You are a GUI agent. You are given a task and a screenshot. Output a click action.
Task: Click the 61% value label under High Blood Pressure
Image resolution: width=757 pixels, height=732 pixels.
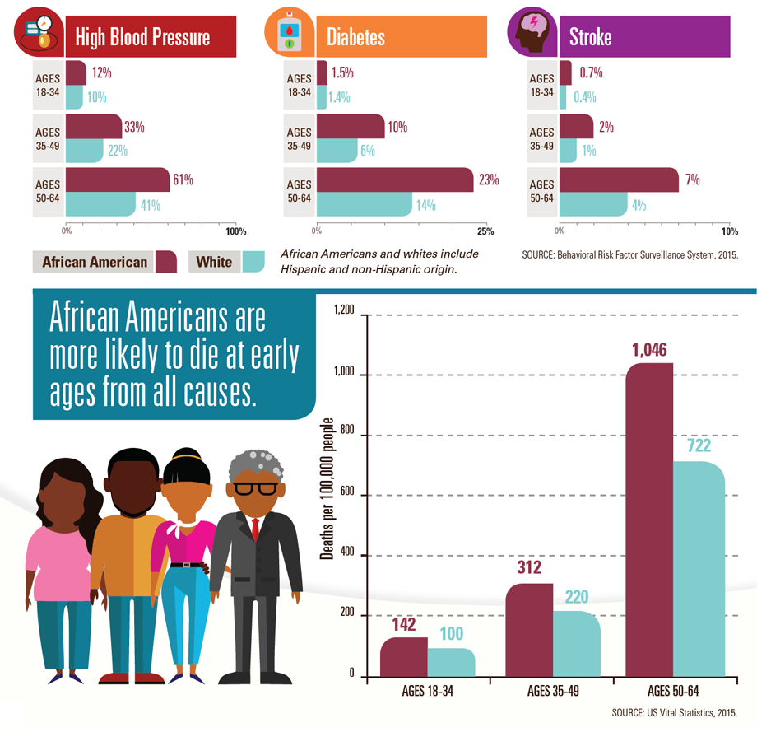[182, 180]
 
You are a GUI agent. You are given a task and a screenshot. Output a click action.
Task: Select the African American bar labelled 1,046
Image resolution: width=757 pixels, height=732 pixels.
[649, 519]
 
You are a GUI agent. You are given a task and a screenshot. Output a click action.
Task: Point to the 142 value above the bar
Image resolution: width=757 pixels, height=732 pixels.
[403, 625]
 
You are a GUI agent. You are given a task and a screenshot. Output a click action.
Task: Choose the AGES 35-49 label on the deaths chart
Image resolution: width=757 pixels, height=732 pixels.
[552, 691]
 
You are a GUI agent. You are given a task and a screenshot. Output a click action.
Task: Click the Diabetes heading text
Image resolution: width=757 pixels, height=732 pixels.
[355, 38]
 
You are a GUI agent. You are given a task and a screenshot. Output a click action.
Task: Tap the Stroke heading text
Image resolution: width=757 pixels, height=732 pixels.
[590, 38]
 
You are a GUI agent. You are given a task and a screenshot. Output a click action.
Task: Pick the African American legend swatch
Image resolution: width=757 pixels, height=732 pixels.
[166, 262]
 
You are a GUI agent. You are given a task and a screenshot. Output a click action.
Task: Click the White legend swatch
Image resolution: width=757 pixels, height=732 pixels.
[253, 262]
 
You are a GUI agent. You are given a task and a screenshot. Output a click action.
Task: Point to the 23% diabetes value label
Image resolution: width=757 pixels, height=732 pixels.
[488, 180]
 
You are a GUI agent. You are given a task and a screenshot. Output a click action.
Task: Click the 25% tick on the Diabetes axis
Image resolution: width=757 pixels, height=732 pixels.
[485, 231]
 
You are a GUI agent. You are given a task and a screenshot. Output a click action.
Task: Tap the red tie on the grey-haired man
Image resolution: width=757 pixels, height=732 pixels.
[255, 528]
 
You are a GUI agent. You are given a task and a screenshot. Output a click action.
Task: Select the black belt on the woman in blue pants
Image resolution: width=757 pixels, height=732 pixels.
[189, 564]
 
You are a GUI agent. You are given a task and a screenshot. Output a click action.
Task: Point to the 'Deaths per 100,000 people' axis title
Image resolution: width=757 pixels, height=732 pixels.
[327, 489]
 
